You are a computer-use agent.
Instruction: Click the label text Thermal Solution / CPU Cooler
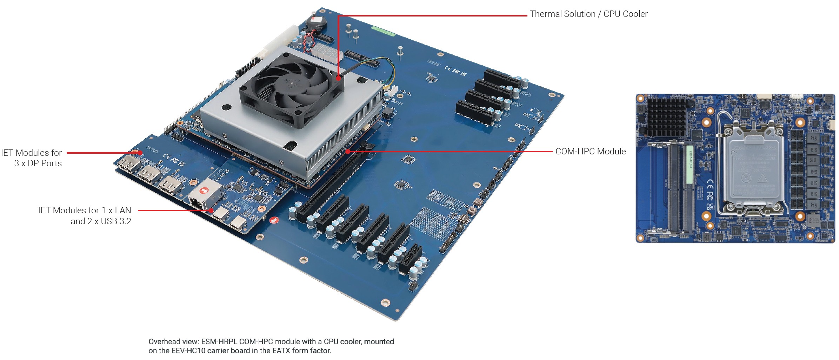point(588,14)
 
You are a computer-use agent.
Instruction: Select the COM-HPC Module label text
point(590,152)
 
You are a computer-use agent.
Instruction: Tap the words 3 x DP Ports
point(38,164)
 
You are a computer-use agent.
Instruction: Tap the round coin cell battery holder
point(316,24)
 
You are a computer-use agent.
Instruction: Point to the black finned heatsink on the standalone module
point(666,117)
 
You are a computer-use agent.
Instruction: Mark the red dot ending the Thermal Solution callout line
point(338,78)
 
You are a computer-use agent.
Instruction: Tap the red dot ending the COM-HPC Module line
point(348,152)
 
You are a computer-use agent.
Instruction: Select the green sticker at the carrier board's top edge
point(383,31)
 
